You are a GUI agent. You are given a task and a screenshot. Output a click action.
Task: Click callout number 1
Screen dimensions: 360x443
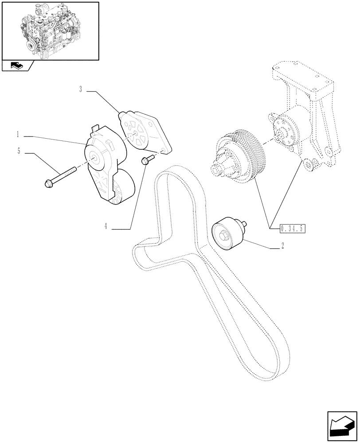tap(18, 133)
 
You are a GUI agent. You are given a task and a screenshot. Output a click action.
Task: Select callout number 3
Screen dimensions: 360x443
tap(81, 89)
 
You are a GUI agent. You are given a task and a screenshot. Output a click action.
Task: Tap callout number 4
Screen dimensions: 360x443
tap(106, 226)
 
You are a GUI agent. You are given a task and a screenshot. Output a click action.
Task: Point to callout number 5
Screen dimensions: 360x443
tap(19, 151)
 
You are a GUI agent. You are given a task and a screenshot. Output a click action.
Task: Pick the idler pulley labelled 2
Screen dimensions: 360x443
tap(227, 234)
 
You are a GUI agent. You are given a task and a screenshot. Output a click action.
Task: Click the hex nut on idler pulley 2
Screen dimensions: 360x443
tap(222, 236)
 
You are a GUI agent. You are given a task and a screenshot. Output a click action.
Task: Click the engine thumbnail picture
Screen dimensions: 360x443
tap(49, 30)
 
